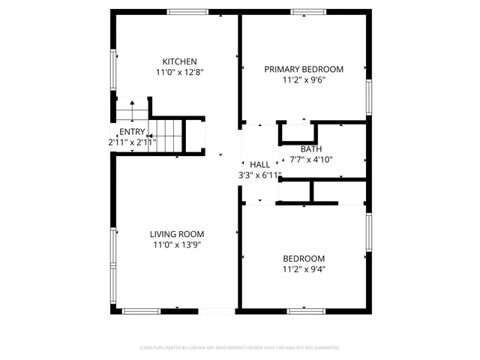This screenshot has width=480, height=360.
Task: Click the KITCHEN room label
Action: click(x=180, y=61)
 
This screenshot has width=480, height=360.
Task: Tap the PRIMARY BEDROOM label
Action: click(x=304, y=69)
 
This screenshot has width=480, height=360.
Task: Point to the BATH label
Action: click(x=311, y=148)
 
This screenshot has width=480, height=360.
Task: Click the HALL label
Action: click(x=260, y=165)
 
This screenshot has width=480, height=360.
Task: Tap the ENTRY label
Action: click(x=132, y=131)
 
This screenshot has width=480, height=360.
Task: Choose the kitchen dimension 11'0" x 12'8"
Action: click(x=180, y=73)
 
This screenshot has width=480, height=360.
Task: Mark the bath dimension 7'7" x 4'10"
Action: click(x=311, y=159)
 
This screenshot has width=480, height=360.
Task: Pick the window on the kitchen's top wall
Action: click(x=187, y=11)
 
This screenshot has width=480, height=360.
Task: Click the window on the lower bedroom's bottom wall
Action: click(x=305, y=310)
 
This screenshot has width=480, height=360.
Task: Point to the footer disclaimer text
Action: click(x=240, y=348)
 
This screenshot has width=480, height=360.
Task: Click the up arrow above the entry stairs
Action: click(x=132, y=104)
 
